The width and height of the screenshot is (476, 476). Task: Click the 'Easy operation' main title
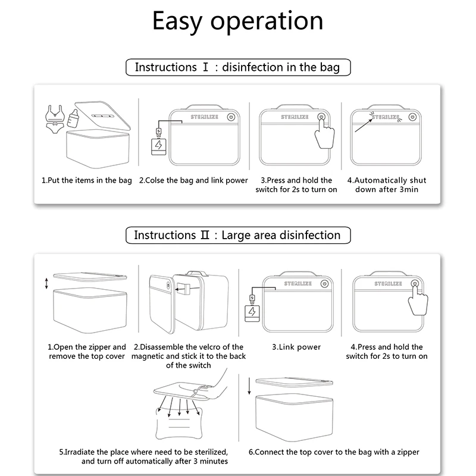237,21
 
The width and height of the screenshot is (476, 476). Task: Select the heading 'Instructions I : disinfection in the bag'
237,67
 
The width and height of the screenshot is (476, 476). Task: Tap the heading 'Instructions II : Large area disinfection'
237,235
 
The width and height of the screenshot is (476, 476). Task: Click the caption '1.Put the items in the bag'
87,180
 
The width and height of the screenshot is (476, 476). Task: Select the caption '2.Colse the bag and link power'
193,180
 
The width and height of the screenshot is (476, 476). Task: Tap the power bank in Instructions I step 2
158,145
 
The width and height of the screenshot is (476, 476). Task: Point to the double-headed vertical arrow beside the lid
46,283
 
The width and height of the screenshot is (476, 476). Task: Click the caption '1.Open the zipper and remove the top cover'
87,351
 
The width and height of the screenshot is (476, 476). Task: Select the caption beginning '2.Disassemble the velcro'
189,356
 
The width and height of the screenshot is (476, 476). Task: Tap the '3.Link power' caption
296,347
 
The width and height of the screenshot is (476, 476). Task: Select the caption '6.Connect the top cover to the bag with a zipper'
334,452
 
